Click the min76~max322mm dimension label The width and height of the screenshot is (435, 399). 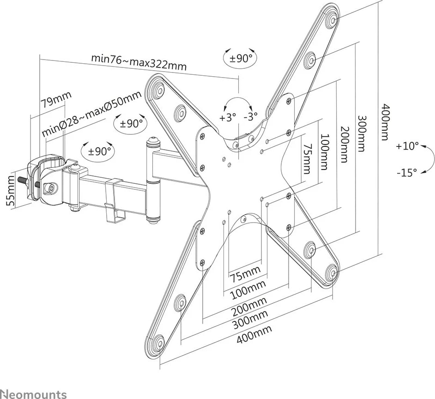click(139, 62)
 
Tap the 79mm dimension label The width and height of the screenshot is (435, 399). click(56, 99)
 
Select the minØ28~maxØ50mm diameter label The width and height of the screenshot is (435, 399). click(91, 113)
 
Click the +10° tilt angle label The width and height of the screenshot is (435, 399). click(407, 146)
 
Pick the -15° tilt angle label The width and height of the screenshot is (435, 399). click(407, 173)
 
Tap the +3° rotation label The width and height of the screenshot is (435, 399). click(228, 117)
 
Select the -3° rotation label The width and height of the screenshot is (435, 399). click(251, 116)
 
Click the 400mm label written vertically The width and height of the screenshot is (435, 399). click(384, 122)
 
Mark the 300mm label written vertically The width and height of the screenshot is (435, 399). click(361, 133)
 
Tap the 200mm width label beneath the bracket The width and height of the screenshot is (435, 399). click(250, 306)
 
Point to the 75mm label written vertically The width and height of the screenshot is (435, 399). click(306, 158)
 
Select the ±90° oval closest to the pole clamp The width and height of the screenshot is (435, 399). click(98, 151)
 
